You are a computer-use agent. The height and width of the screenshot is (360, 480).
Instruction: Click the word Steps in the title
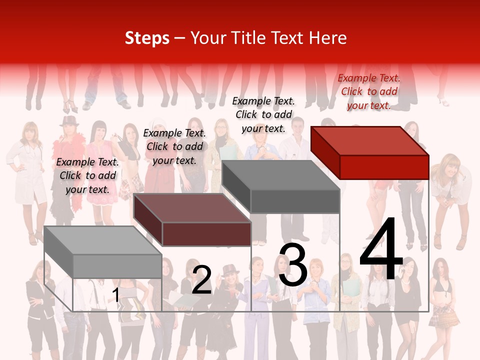[x=147, y=38]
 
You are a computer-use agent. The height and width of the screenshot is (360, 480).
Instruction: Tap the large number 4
[x=381, y=250]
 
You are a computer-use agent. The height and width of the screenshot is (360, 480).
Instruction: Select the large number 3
[x=293, y=265]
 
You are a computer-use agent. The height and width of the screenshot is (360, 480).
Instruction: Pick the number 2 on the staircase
[x=201, y=280]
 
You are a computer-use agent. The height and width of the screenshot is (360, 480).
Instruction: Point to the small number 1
[x=116, y=295]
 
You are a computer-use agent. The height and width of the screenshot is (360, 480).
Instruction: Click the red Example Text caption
[x=369, y=91]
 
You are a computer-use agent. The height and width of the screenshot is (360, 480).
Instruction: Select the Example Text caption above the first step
[x=87, y=175]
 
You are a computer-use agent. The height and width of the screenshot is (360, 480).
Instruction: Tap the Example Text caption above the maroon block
[x=174, y=146]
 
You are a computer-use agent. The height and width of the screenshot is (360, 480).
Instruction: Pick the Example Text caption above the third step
[x=263, y=114]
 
